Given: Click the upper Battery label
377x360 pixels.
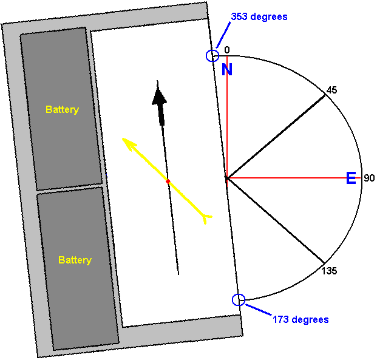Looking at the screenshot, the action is pyautogui.click(x=63, y=110).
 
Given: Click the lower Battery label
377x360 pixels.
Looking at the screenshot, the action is pyautogui.click(x=75, y=260).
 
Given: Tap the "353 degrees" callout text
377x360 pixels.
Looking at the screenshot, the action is pyautogui.click(x=259, y=16).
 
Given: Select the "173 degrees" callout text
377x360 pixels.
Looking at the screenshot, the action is pyautogui.click(x=301, y=319).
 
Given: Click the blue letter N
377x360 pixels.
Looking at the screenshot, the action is pyautogui.click(x=227, y=69).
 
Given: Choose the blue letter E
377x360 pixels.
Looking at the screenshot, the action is pyautogui.click(x=351, y=178).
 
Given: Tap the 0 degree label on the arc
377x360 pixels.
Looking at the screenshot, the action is pyautogui.click(x=227, y=50).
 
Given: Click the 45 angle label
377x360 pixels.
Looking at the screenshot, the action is pyautogui.click(x=332, y=90).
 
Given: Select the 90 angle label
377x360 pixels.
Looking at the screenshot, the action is pyautogui.click(x=369, y=178).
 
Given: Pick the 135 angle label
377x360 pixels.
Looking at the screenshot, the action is pyautogui.click(x=329, y=271).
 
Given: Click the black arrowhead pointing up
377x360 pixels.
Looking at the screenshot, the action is pyautogui.click(x=159, y=96).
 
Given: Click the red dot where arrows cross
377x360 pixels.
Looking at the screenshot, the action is pyautogui.click(x=168, y=182).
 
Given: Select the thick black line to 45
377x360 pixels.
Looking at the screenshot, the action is pyautogui.click(x=276, y=137).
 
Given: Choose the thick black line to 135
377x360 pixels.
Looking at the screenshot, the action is pyautogui.click(x=276, y=220).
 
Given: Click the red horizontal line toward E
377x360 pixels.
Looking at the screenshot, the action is pyautogui.click(x=294, y=178).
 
